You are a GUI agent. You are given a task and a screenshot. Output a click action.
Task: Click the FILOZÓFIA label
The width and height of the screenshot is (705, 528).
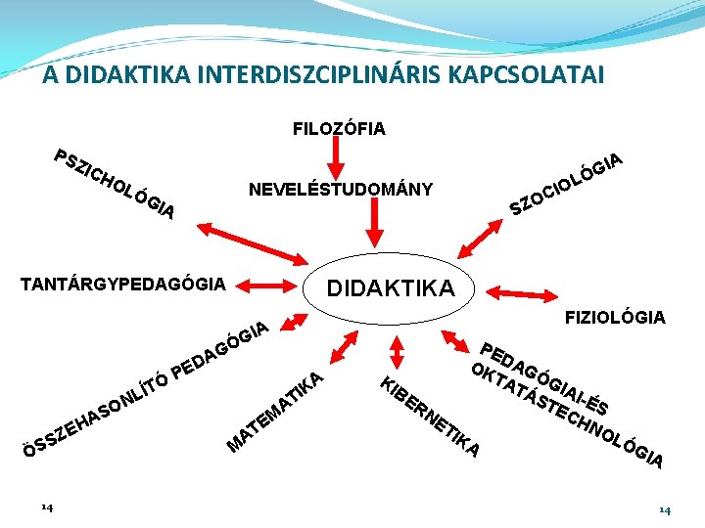tap(339, 128)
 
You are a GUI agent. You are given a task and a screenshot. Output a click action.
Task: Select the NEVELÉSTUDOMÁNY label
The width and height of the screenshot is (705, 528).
tap(341, 189)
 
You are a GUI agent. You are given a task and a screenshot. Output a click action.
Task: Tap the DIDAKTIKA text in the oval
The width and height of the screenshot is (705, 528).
tap(390, 288)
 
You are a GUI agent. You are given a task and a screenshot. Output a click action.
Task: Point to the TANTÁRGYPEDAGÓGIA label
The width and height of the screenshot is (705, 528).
tap(123, 285)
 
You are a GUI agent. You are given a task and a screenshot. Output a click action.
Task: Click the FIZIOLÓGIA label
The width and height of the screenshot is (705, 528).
tap(615, 317)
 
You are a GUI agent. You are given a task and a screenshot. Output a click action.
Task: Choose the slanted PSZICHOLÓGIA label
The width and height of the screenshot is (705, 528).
tap(116, 184)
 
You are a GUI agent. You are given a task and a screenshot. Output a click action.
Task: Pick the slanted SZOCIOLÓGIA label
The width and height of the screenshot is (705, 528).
tap(567, 182)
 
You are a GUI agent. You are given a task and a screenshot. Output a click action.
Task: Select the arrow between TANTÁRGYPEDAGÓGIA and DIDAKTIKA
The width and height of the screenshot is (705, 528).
tap(275, 286)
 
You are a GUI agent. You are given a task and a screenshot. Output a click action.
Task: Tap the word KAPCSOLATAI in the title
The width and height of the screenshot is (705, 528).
tap(530, 74)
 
